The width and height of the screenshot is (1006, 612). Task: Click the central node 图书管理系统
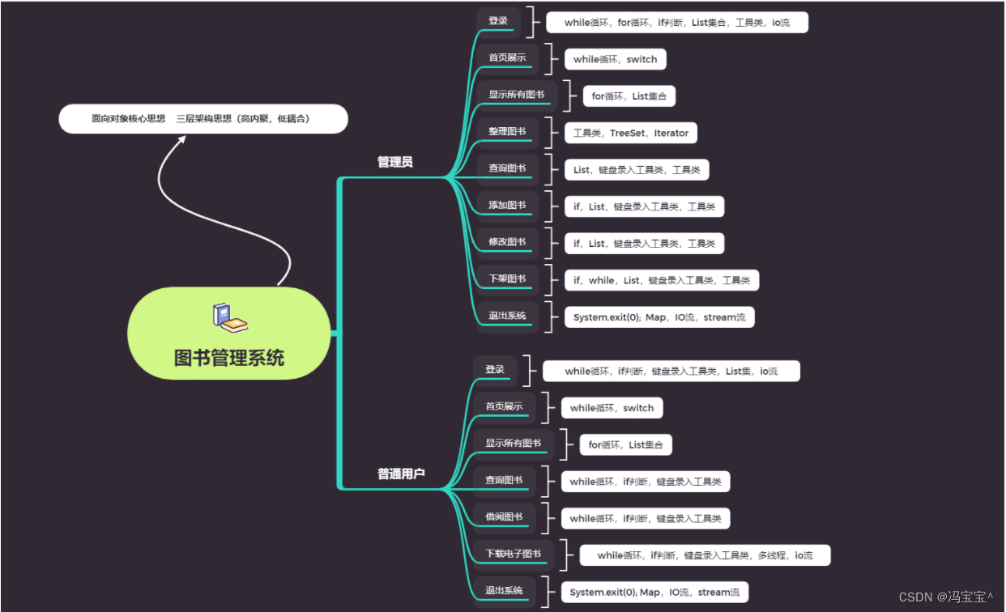[229, 358]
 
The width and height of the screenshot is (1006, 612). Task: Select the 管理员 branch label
[394, 162]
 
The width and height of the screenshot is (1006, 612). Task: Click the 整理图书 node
[507, 132]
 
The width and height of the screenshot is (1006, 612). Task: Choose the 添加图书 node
[507, 206]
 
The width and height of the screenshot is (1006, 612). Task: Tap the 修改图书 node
[507, 242]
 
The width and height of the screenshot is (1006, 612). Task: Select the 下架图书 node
[507, 279]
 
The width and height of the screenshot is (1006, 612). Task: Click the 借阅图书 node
[504, 517]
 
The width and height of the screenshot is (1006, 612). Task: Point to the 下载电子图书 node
[513, 555]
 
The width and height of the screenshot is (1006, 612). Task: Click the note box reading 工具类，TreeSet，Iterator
[630, 133]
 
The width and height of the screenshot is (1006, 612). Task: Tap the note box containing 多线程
[704, 555]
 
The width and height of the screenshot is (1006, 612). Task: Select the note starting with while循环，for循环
[676, 23]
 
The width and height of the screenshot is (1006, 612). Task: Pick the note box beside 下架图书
[661, 280]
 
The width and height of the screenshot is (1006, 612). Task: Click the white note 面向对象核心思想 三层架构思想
[203, 119]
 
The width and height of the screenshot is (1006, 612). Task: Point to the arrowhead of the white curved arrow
[182, 139]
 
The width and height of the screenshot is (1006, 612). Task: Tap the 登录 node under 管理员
[498, 21]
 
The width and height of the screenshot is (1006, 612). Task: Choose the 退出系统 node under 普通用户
[504, 591]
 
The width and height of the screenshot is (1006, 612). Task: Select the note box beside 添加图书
[644, 206]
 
